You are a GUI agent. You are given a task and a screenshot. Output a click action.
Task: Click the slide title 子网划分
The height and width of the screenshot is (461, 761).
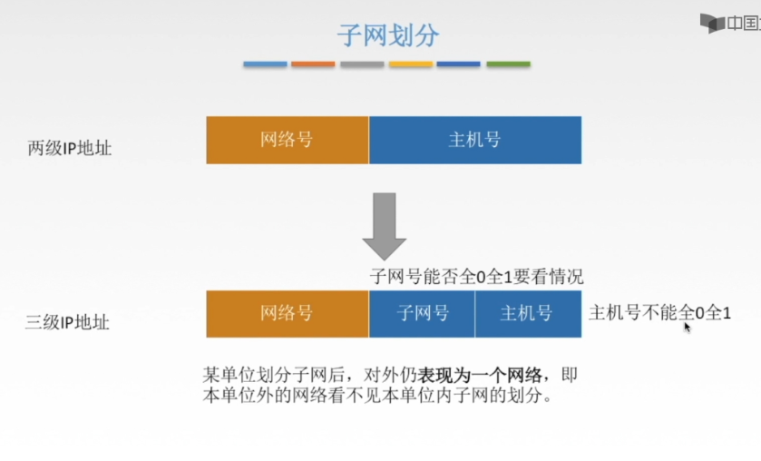click(x=387, y=35)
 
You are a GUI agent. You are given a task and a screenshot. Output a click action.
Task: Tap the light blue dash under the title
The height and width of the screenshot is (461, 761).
click(x=265, y=64)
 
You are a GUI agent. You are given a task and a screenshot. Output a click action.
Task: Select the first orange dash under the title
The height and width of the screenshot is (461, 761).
click(x=313, y=64)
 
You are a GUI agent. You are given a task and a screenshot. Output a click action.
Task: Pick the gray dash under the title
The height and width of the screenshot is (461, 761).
click(x=362, y=64)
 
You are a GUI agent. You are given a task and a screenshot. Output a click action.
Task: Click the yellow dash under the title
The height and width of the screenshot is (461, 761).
click(x=410, y=64)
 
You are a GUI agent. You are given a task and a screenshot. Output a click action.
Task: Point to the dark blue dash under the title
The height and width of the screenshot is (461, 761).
click(x=458, y=64)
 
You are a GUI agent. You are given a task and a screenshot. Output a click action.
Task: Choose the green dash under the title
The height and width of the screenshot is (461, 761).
click(x=508, y=64)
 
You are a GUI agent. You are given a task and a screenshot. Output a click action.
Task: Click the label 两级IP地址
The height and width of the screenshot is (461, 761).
click(x=70, y=148)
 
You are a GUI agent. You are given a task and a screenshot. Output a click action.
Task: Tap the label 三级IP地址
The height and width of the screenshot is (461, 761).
click(x=69, y=321)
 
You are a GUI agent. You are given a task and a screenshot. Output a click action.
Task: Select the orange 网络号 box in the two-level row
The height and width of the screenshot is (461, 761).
click(x=287, y=140)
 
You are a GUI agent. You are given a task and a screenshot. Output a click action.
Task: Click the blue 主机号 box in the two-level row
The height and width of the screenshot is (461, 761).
click(x=474, y=140)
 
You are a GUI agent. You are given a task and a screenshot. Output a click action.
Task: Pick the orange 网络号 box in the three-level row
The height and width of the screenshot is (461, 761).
click(x=287, y=314)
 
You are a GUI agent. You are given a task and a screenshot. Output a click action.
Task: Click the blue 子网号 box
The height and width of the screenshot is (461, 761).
click(x=422, y=314)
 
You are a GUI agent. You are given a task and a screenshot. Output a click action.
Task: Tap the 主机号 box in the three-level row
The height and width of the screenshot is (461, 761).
click(x=527, y=314)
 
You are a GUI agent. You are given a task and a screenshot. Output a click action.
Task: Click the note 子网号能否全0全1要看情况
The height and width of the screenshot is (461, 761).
click(x=476, y=277)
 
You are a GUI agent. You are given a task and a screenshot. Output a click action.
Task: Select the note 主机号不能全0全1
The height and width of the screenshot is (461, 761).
click(x=659, y=313)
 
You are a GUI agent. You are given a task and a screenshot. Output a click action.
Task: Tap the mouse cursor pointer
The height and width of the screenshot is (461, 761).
click(x=688, y=326)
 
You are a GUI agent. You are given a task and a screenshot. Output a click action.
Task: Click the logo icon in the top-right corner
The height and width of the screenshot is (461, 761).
click(x=712, y=23)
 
